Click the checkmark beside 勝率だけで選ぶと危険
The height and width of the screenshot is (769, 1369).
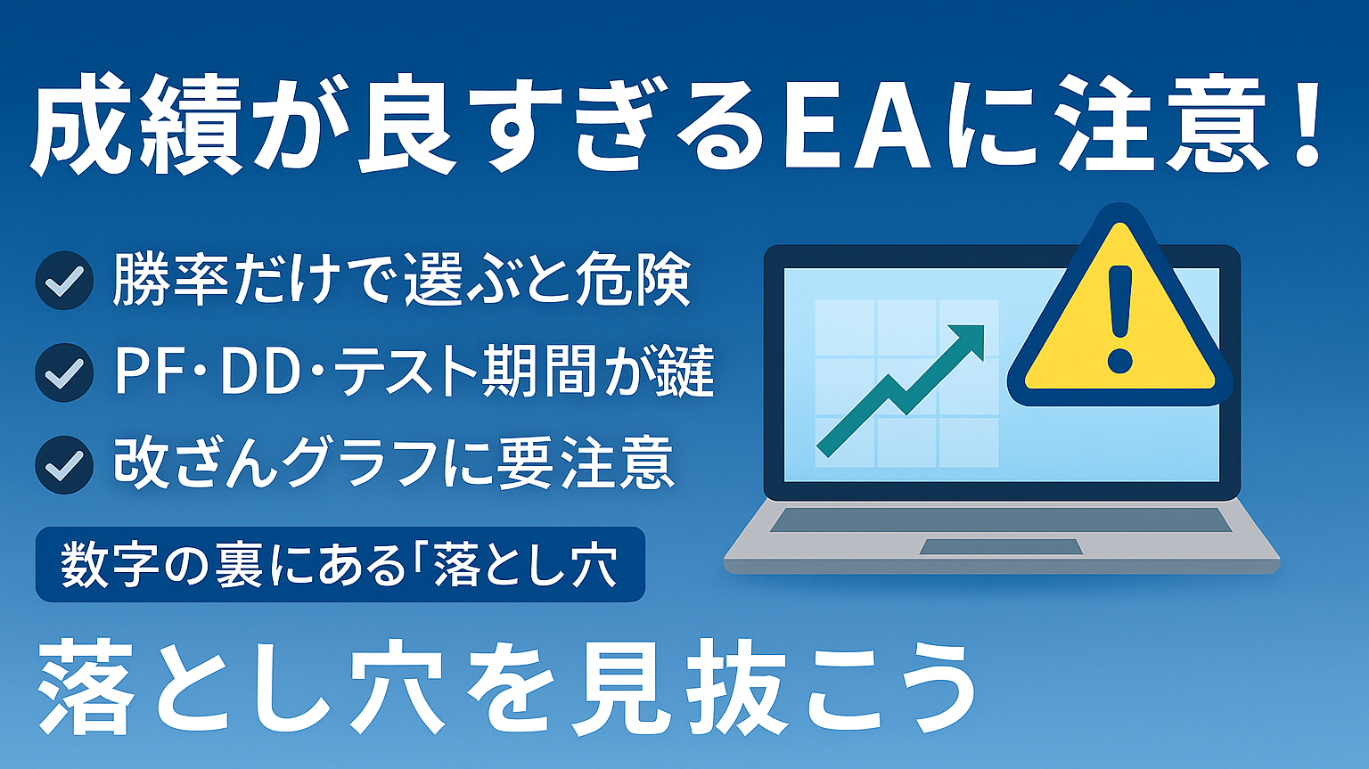[x=64, y=281]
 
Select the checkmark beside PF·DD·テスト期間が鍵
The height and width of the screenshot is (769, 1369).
[x=64, y=372]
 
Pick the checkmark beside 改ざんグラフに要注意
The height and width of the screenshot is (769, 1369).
[x=64, y=465]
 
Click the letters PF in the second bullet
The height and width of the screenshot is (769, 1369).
[x=146, y=372]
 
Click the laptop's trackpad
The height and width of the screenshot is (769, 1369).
[x=1001, y=546]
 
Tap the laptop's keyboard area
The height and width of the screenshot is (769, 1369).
[x=1001, y=519]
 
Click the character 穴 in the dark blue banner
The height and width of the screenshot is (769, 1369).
[x=591, y=565]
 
